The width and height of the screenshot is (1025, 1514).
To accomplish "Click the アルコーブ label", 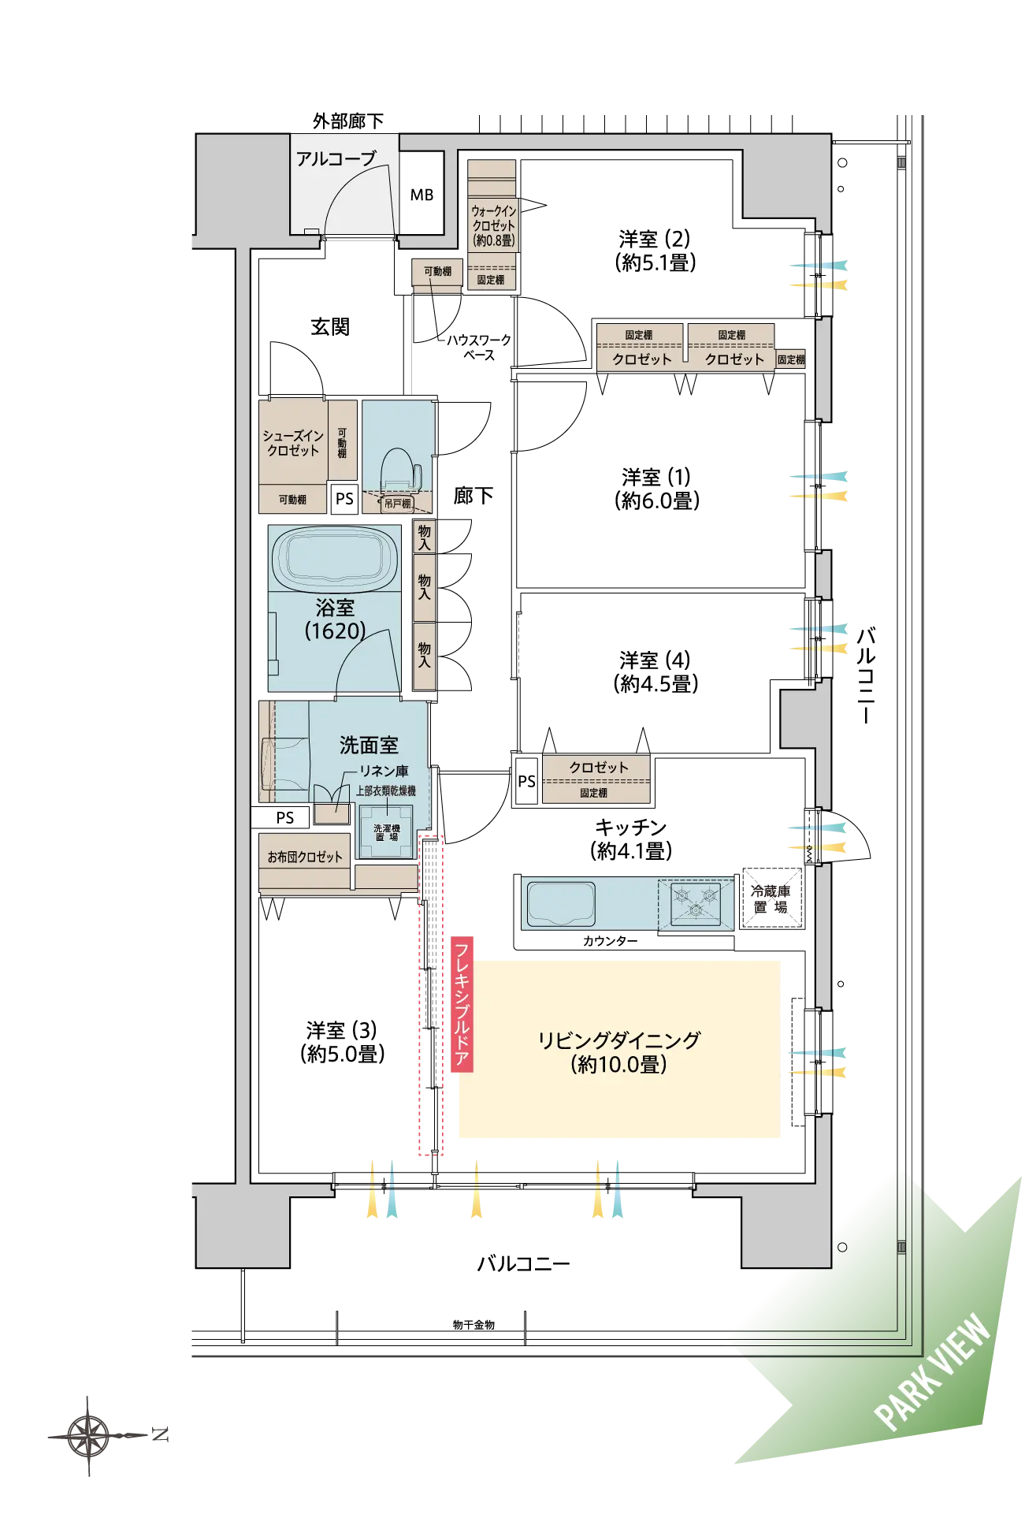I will coord(336,158).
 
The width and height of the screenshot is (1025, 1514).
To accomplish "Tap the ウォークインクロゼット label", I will coord(494,225).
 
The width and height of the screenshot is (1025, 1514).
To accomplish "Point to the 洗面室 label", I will coord(369,745).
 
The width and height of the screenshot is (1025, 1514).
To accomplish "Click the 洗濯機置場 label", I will coord(386,832).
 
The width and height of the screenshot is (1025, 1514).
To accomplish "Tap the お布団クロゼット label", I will coord(305,857).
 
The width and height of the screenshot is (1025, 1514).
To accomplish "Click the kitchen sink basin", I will coord(561,902).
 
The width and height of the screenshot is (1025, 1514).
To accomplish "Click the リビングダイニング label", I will coord(618,1051).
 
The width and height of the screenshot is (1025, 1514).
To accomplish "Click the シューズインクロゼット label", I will coord(292,443).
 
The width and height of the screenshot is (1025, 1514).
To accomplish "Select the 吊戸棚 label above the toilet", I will coord(397,504).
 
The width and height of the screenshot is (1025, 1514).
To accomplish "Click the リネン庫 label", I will coord(384,771).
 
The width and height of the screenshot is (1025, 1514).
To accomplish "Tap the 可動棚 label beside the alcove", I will coord(437,272).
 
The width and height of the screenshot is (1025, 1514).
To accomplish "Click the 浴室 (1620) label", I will coord(335,619).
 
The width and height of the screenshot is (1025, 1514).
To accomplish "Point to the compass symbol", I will coord(93,1436).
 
